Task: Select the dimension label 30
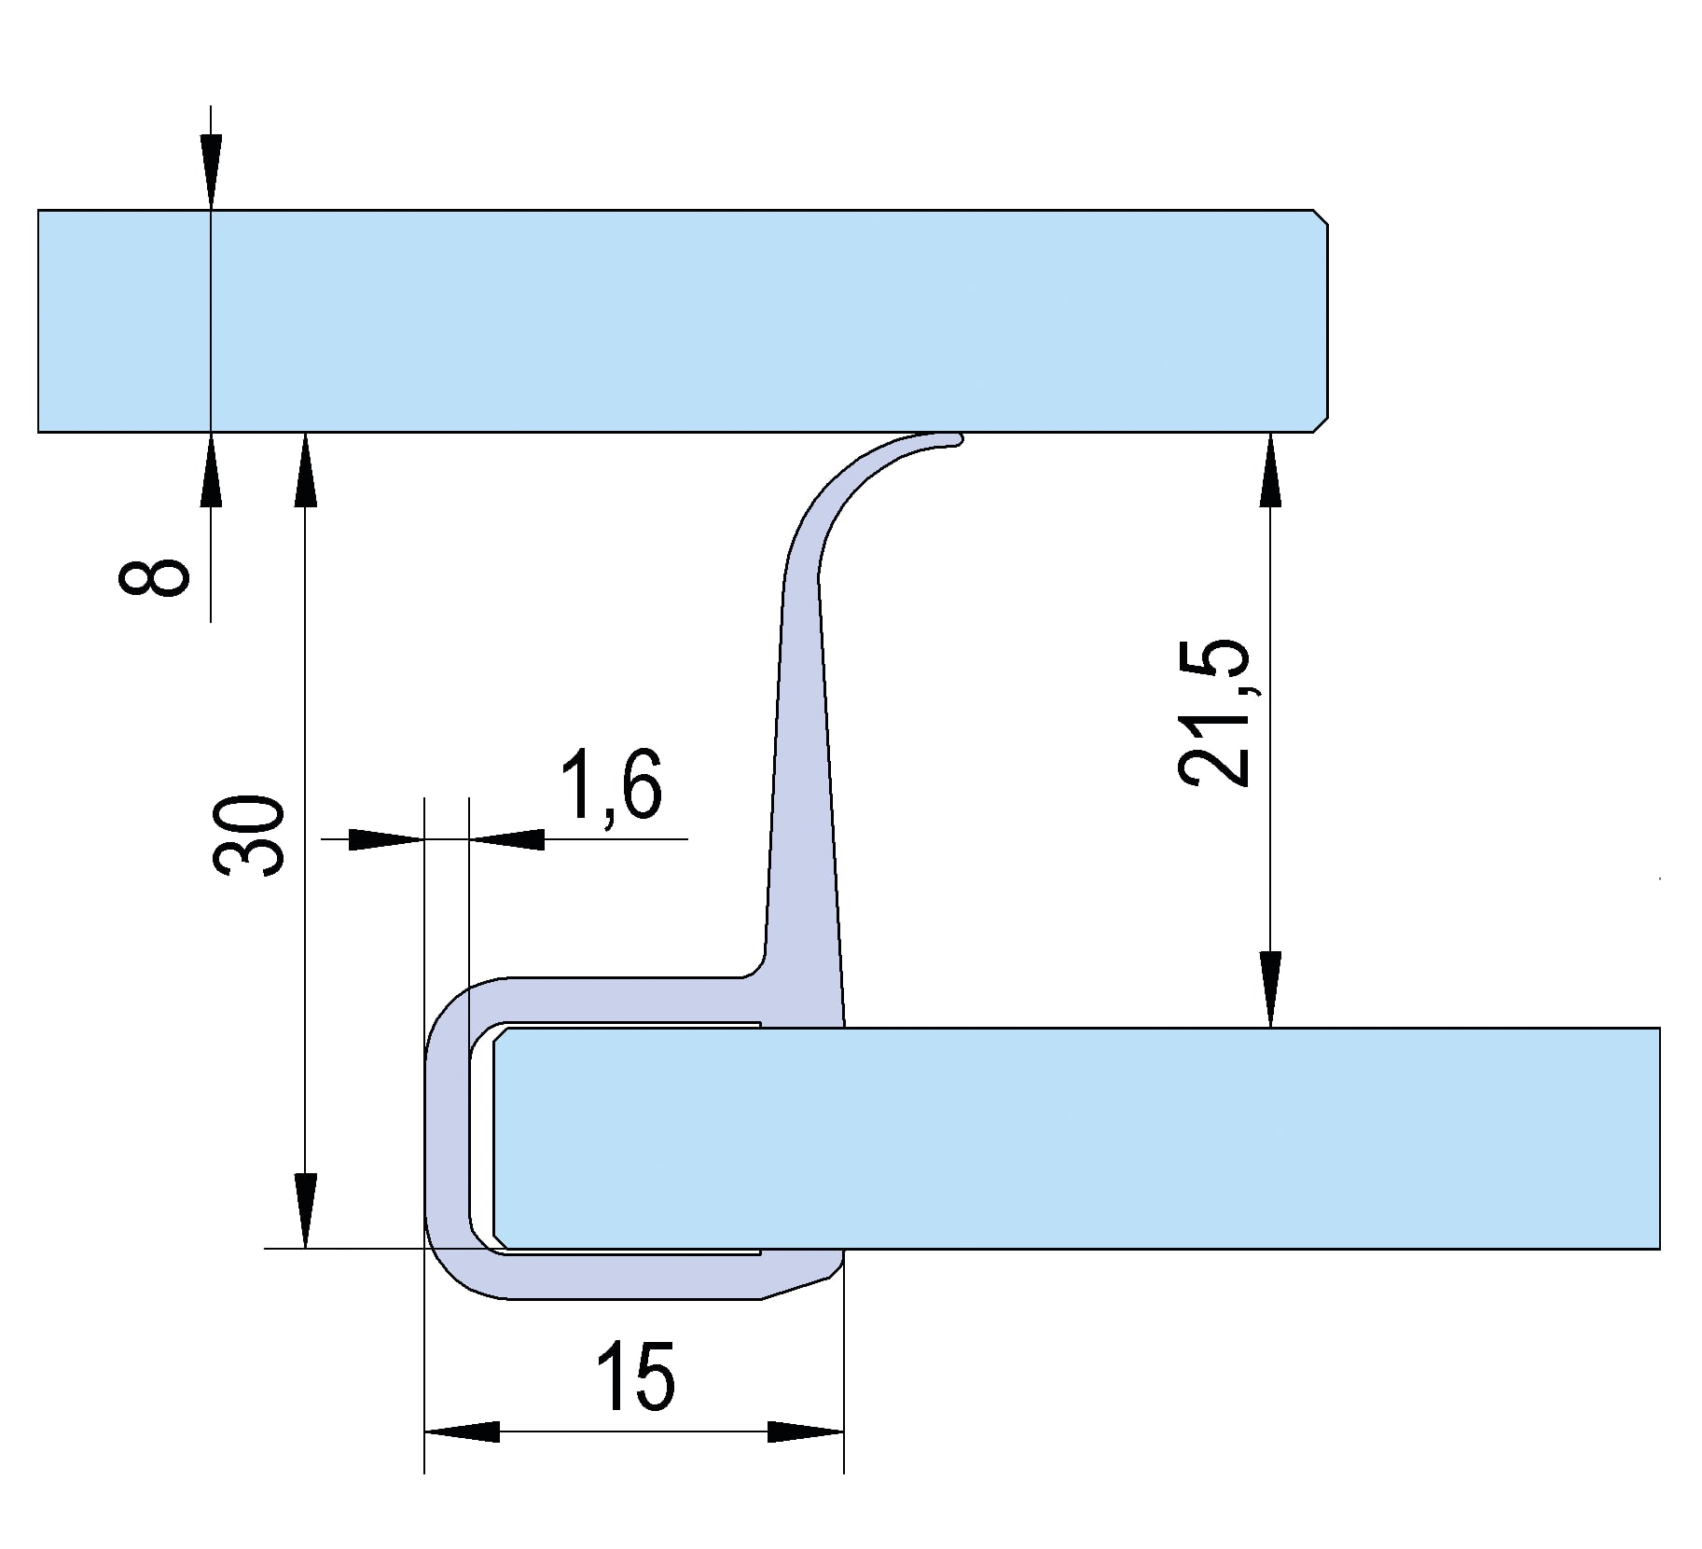pyautogui.click(x=248, y=836)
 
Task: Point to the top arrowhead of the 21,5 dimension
pyautogui.click(x=1270, y=470)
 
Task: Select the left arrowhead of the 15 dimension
pyautogui.click(x=463, y=1431)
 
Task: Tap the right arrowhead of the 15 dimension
pyautogui.click(x=805, y=1431)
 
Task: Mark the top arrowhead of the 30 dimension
pyautogui.click(x=305, y=470)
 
